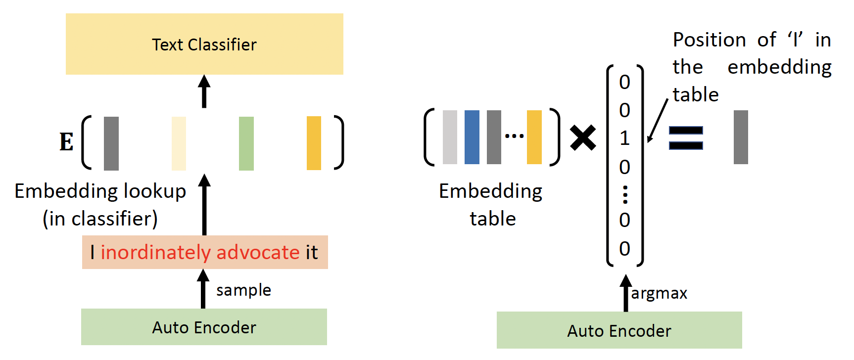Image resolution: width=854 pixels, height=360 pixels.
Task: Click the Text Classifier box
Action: [x=204, y=44]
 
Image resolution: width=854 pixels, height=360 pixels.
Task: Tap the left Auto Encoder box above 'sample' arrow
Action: [x=204, y=327]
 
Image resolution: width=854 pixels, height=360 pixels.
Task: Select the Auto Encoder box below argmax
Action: [x=619, y=330]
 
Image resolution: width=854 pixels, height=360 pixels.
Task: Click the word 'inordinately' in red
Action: [x=155, y=252]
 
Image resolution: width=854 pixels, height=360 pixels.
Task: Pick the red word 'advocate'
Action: [x=258, y=252]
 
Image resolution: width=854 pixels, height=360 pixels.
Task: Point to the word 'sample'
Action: [x=243, y=290]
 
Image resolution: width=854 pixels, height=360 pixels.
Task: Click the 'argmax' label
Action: [x=659, y=293]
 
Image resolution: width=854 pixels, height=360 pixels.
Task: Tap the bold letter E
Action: [x=67, y=142]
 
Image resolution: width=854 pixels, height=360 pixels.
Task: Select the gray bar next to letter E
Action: [x=111, y=143]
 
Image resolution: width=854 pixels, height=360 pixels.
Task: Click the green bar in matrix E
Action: [x=246, y=143]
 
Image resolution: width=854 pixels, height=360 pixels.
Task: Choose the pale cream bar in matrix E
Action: [x=179, y=143]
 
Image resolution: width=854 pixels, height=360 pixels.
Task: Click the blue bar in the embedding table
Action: [x=472, y=137]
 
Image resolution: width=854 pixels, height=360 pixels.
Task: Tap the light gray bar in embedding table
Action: [x=450, y=137]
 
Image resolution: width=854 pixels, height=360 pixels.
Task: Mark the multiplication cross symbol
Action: [x=583, y=137]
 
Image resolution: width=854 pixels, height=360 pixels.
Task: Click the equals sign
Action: [x=686, y=137]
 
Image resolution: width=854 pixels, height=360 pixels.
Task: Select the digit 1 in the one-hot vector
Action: [x=625, y=138]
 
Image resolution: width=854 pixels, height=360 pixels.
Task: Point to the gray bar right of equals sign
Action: [x=741, y=137]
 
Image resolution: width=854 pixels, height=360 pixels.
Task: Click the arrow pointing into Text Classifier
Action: [x=204, y=91]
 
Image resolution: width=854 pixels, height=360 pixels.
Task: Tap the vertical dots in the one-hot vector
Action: [x=625, y=195]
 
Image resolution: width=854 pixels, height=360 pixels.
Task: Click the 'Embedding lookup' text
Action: [x=100, y=191]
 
